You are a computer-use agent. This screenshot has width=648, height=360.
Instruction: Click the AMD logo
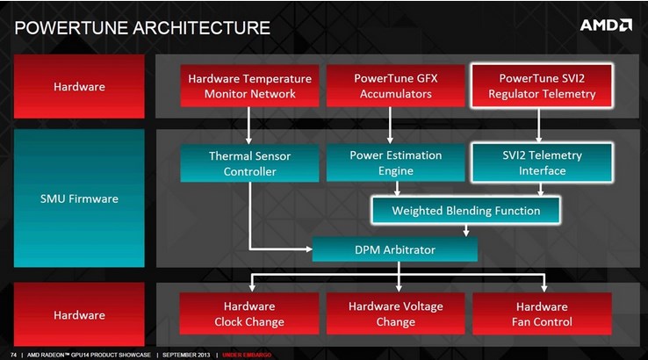point(606,25)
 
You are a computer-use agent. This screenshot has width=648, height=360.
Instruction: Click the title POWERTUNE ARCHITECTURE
point(142,28)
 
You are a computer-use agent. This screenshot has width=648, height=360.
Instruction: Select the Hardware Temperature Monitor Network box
point(249,86)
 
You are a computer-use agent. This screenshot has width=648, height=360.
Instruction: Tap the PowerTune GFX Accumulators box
point(395,86)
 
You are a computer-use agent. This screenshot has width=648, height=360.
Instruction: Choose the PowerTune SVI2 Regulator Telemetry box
point(542,85)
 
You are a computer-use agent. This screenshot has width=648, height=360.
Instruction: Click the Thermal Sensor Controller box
point(249,163)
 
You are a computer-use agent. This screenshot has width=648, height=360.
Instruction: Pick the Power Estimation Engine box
point(395,162)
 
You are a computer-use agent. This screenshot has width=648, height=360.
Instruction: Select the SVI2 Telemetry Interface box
point(542,162)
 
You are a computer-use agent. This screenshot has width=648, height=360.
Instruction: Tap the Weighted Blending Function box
point(465,211)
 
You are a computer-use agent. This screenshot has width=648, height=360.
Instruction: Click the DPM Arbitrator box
point(394,249)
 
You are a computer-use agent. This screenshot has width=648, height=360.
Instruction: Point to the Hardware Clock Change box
point(249,313)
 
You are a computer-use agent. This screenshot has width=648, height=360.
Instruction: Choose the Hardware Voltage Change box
point(395,313)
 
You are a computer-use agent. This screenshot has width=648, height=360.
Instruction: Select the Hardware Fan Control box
point(542,313)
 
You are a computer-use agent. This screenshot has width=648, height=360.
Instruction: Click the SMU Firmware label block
point(79,198)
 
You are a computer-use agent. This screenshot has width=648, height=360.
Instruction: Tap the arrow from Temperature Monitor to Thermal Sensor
point(248,126)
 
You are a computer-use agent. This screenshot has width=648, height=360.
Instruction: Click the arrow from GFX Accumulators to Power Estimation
point(390,126)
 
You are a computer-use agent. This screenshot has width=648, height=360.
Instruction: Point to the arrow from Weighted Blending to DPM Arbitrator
point(466,231)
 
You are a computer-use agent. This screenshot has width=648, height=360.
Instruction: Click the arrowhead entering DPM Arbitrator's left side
point(309,249)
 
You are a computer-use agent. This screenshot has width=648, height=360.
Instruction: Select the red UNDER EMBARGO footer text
point(247,355)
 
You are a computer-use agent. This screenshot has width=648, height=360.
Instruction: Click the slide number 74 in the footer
point(14,355)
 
